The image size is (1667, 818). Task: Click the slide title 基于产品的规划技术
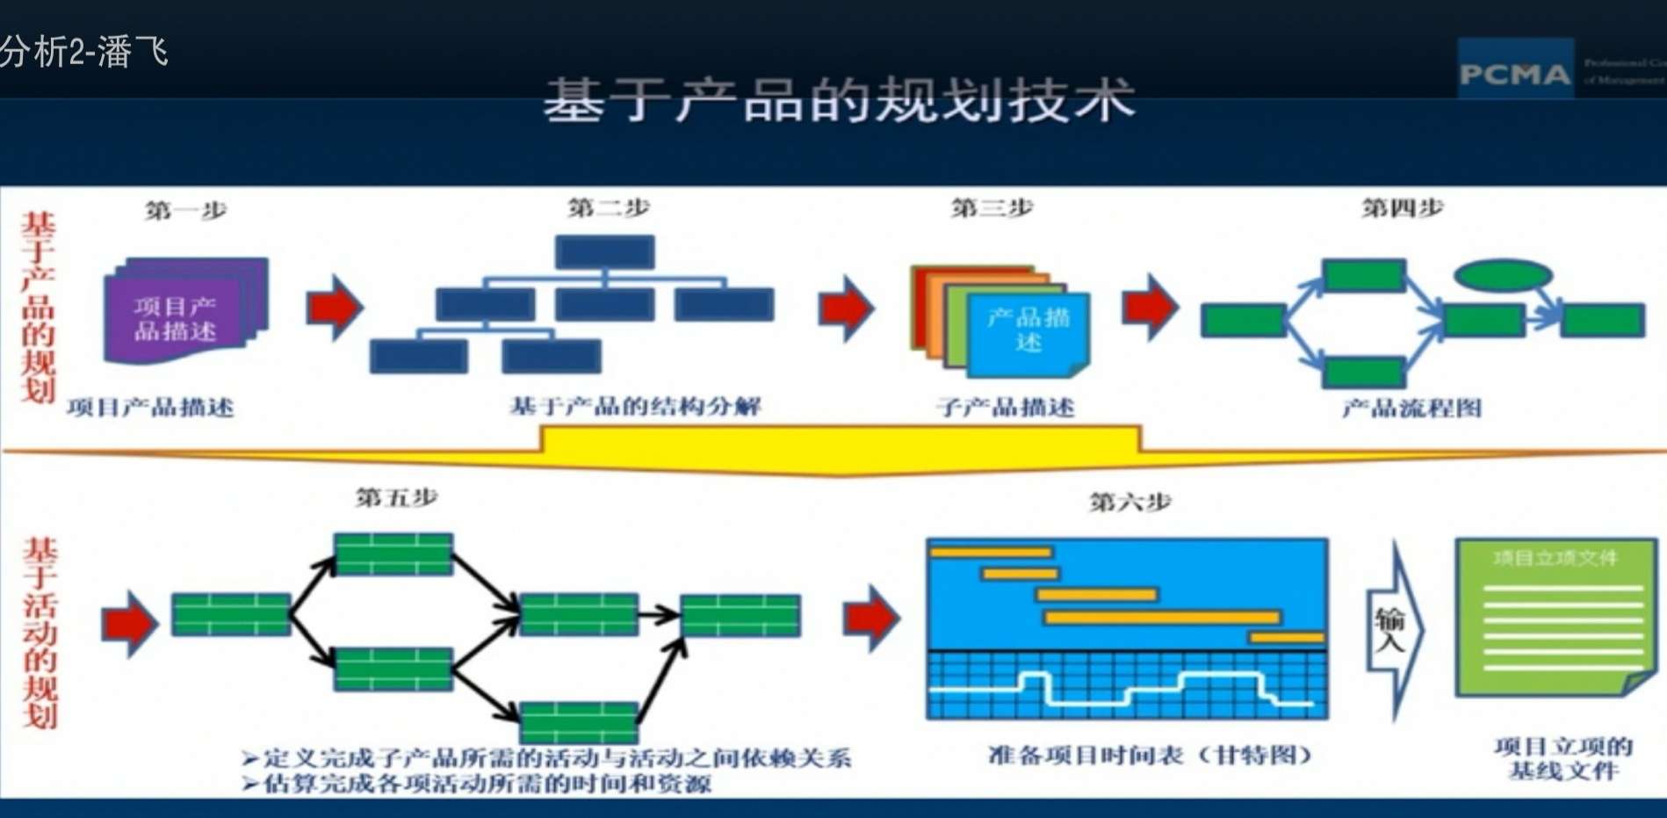point(839,99)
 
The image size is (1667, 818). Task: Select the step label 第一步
point(185,211)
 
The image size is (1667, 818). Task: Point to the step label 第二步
point(609,208)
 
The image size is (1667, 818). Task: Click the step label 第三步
point(992,208)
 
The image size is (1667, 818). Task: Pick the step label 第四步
point(1402,208)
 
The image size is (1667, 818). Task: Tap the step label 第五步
point(396,497)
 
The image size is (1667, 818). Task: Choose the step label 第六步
point(1129,502)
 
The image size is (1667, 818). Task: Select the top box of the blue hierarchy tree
point(604,252)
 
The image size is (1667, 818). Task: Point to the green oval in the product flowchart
point(1503,276)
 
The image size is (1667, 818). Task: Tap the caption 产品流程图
point(1411,408)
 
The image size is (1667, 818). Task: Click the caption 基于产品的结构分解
point(635,406)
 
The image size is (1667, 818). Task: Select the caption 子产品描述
point(1005,407)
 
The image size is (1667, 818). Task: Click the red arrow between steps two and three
point(846,308)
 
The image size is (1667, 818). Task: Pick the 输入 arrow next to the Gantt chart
point(1392,629)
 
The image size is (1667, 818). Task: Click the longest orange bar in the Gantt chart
point(1162,618)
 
